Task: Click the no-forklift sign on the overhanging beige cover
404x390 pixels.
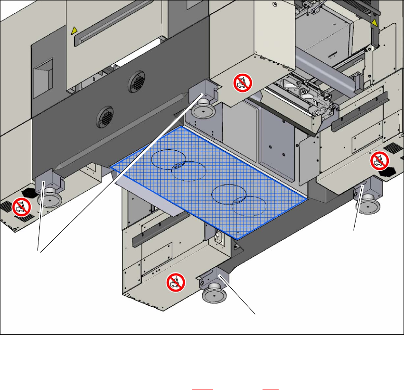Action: click(242, 83)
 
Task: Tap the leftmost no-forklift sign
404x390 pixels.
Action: click(21, 207)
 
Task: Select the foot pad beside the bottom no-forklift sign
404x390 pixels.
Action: click(214, 295)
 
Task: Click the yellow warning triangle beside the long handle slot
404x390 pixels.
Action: click(74, 31)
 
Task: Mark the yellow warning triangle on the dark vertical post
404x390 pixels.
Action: click(375, 23)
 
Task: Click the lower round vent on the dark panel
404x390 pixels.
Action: click(104, 115)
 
